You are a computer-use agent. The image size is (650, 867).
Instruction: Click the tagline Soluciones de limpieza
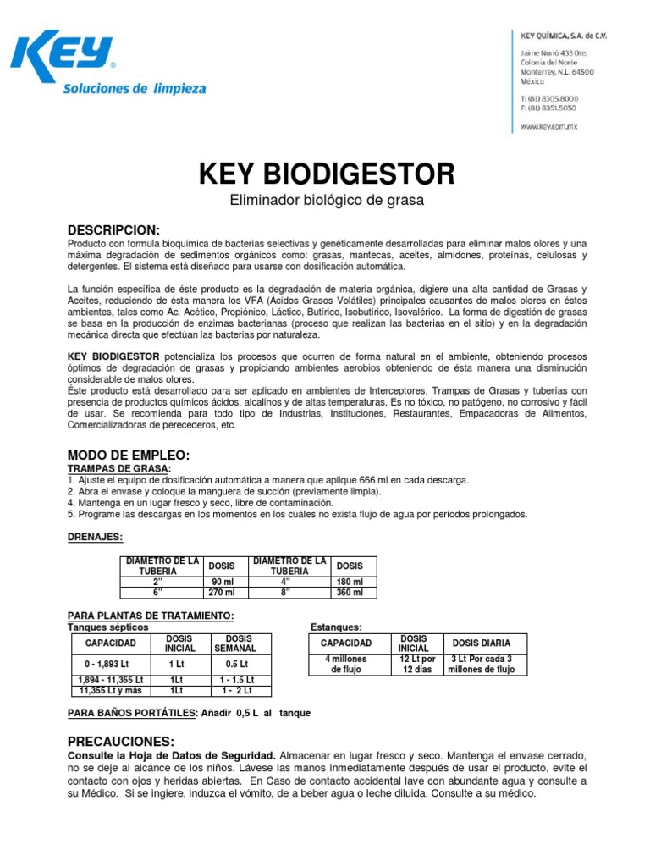[x=135, y=88]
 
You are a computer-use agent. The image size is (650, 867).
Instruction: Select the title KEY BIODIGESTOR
[x=326, y=174]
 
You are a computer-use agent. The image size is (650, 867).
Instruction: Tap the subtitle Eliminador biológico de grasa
[x=326, y=201]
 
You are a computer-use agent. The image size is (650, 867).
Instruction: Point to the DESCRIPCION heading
[x=113, y=230]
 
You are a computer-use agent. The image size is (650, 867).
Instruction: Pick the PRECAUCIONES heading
[x=121, y=740]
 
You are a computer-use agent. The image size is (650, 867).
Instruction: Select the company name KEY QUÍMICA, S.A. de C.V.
[x=562, y=36]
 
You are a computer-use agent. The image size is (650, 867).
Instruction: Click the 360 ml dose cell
[x=350, y=593]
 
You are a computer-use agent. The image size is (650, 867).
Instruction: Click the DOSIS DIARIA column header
[x=482, y=643]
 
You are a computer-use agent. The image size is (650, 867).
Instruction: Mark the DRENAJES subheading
[x=95, y=537]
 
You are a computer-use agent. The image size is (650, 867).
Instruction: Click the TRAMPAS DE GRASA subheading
[x=118, y=468]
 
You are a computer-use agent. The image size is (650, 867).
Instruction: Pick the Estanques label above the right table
[x=336, y=627]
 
